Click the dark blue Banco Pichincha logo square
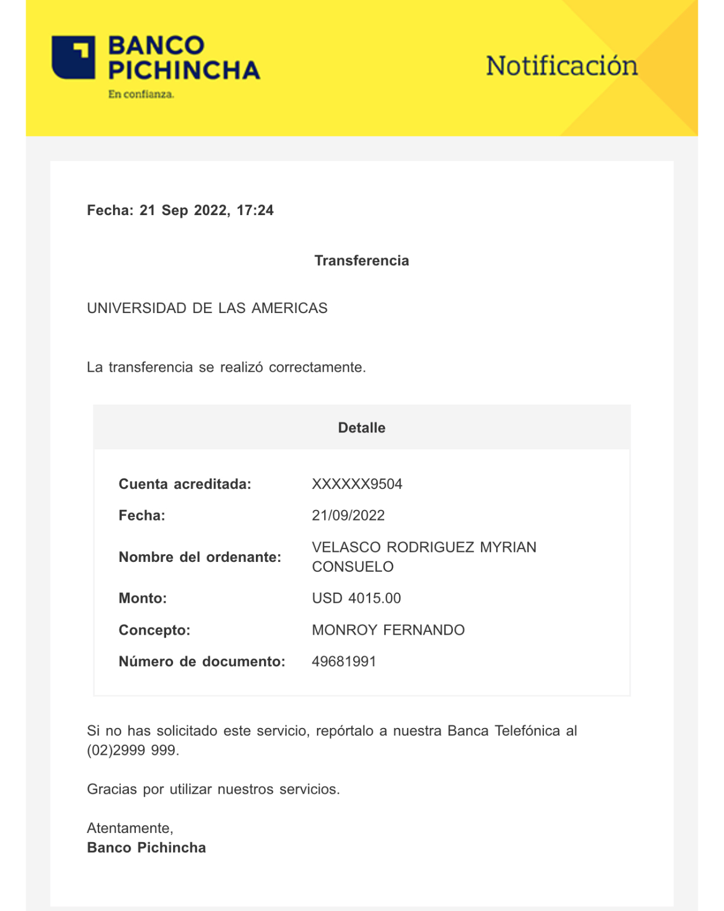point(73,57)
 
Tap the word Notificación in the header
point(561,66)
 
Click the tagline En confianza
point(141,94)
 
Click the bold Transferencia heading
point(361,261)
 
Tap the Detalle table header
point(361,428)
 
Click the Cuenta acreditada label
point(185,484)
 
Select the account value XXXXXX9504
point(357,484)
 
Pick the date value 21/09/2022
point(348,516)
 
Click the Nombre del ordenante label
point(200,557)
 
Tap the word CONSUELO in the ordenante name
point(353,567)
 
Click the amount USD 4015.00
point(356,599)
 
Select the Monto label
point(143,599)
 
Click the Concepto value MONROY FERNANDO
point(388,630)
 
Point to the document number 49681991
point(344,662)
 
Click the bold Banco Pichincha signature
point(146,848)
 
